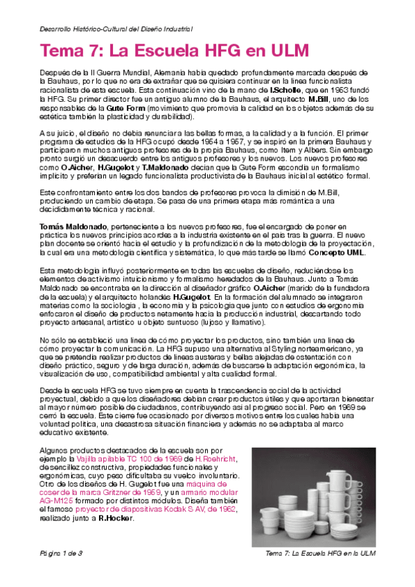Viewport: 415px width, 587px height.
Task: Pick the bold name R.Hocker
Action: point(116,518)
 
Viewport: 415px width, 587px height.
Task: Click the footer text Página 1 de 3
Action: point(60,554)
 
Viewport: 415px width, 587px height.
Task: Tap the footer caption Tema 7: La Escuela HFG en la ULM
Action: point(320,554)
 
